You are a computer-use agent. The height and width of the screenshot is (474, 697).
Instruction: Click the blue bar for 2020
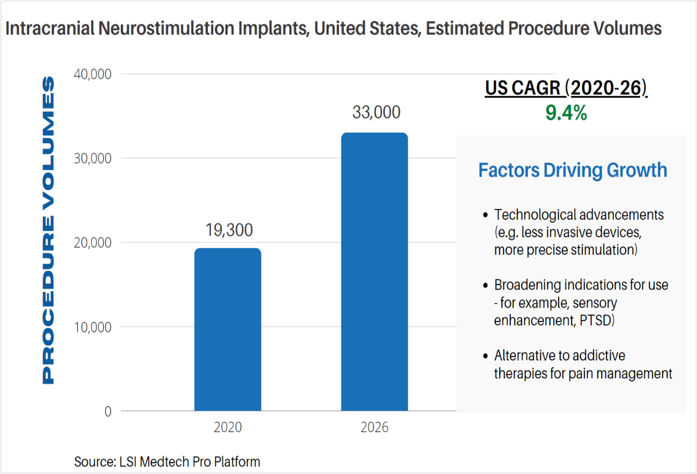tap(227, 329)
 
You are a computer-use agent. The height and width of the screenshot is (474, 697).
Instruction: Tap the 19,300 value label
tap(229, 230)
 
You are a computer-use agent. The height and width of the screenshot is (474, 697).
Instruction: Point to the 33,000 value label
tap(376, 112)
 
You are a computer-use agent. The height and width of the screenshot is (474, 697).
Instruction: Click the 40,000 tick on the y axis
tap(93, 74)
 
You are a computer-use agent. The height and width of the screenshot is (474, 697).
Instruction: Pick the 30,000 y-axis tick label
tap(93, 159)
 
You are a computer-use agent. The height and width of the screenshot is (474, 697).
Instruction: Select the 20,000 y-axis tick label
tap(93, 242)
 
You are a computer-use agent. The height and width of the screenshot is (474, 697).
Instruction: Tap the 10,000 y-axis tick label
tap(93, 327)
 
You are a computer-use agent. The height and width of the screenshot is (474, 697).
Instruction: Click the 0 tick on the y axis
tap(108, 411)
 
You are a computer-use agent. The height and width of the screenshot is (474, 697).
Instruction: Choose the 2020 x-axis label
tap(228, 427)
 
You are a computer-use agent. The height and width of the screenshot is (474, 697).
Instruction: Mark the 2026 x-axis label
tap(374, 427)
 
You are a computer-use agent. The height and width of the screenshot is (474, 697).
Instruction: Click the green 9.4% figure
tap(566, 113)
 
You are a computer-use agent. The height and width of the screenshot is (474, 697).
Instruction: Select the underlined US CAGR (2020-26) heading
tap(566, 88)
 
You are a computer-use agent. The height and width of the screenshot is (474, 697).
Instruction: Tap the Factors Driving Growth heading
tap(573, 170)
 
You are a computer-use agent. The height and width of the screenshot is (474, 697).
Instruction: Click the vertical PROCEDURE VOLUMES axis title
tap(48, 230)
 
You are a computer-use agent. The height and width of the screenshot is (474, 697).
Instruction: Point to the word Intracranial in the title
tap(50, 28)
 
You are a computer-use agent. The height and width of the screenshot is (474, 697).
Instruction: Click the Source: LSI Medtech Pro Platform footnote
tap(167, 462)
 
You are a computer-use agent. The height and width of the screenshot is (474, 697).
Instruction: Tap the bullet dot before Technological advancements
tap(485, 215)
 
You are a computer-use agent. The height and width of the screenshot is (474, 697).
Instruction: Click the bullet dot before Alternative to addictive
tap(485, 356)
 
